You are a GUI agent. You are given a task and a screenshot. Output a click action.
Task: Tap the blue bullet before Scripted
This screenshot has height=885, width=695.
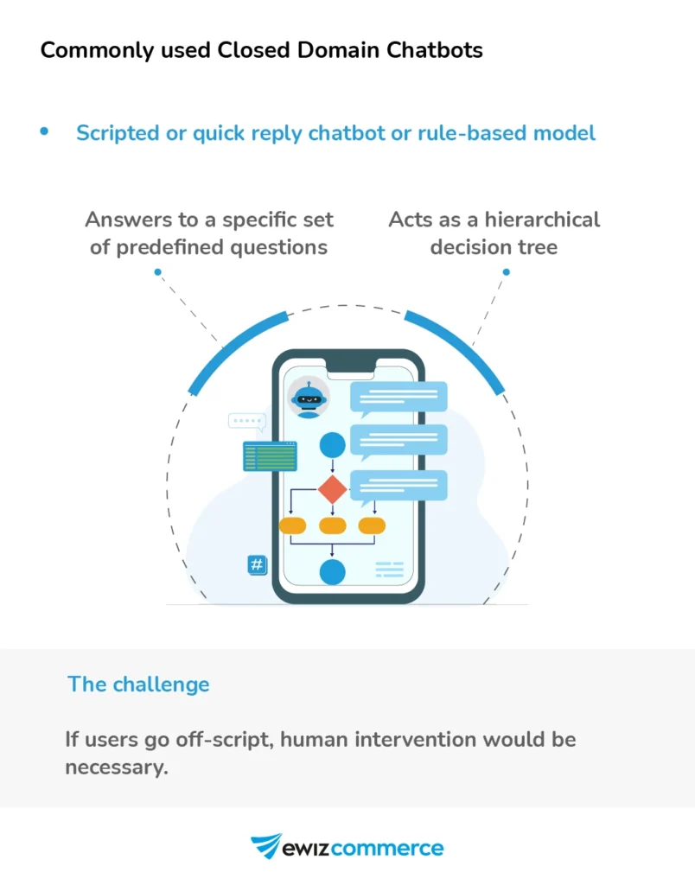(x=44, y=131)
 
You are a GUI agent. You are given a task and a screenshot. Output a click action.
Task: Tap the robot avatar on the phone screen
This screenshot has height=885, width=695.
(x=308, y=398)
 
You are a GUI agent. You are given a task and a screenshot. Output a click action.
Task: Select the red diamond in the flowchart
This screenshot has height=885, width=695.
(x=332, y=489)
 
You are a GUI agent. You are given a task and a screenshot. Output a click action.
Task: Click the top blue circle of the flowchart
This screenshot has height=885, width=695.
(x=333, y=446)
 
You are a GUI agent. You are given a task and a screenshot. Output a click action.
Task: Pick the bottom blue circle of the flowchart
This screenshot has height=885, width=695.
(x=332, y=571)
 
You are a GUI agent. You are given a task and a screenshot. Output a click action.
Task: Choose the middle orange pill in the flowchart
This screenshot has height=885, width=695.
(x=332, y=525)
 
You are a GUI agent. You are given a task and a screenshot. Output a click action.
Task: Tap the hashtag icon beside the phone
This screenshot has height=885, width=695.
(x=257, y=565)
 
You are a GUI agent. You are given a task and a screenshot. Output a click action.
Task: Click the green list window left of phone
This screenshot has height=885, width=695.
(x=270, y=456)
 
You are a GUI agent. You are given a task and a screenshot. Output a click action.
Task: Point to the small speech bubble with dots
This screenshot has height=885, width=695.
(x=246, y=422)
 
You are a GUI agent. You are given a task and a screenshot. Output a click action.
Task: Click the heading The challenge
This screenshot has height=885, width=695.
(x=138, y=684)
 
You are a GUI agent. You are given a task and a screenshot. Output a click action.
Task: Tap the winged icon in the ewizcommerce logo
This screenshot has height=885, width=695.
(x=265, y=846)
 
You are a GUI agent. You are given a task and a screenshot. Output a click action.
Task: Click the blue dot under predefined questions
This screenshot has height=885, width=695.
(x=158, y=272)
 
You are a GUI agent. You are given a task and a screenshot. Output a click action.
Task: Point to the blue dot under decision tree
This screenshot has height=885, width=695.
(x=507, y=272)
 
